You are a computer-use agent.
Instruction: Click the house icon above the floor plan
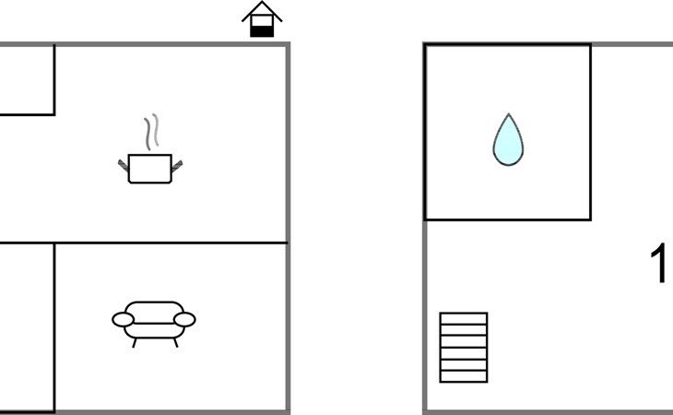pyautogui.click(x=262, y=20)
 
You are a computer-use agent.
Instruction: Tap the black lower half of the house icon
pyautogui.click(x=262, y=30)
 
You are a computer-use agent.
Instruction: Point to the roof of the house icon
pyautogui.click(x=262, y=11)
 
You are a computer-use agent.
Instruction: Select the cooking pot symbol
pyautogui.click(x=149, y=168)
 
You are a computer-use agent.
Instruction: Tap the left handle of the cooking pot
pyautogui.click(x=123, y=164)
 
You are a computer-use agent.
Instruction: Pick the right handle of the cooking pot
pyautogui.click(x=177, y=165)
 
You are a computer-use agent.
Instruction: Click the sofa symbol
pyautogui.click(x=154, y=320)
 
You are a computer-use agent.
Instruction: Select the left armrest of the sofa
pyautogui.click(x=124, y=319)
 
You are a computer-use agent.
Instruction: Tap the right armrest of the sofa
pyautogui.click(x=184, y=319)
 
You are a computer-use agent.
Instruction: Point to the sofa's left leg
pyautogui.click(x=136, y=342)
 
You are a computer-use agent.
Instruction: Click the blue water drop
pyautogui.click(x=507, y=140)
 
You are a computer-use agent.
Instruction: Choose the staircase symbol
pyautogui.click(x=463, y=347)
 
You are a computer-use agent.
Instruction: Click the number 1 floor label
pyautogui.click(x=660, y=265)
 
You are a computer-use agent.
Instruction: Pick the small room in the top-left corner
pyautogui.click(x=25, y=79)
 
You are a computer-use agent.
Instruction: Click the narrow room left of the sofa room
pyautogui.click(x=25, y=327)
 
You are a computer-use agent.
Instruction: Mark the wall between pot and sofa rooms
pyautogui.click(x=171, y=243)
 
